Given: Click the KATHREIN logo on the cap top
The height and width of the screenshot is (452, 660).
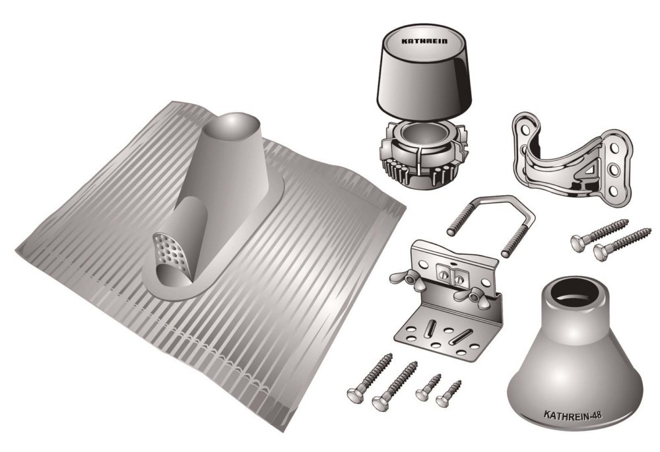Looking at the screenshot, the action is click(x=424, y=41).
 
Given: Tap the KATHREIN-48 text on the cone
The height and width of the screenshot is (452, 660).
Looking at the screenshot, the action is click(x=573, y=416).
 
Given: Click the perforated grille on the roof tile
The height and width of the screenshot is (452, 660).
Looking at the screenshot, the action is click(x=170, y=252).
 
